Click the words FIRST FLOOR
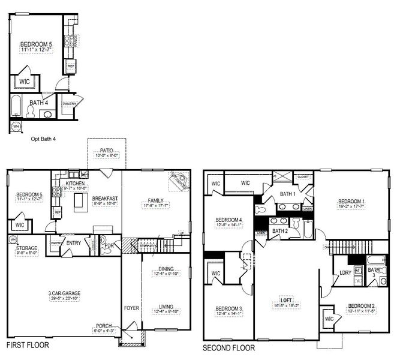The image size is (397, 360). pyautogui.click(x=27, y=346)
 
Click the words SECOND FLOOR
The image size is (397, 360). pyautogui.click(x=228, y=347)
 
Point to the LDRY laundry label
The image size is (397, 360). pyautogui.click(x=345, y=272)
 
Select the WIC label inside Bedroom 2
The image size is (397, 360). pyautogui.click(x=328, y=319)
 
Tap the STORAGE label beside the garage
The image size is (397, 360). pyautogui.click(x=26, y=247)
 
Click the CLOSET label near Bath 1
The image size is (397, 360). pyautogui.click(x=302, y=177)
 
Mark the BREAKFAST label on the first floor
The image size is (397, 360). pyautogui.click(x=105, y=198)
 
